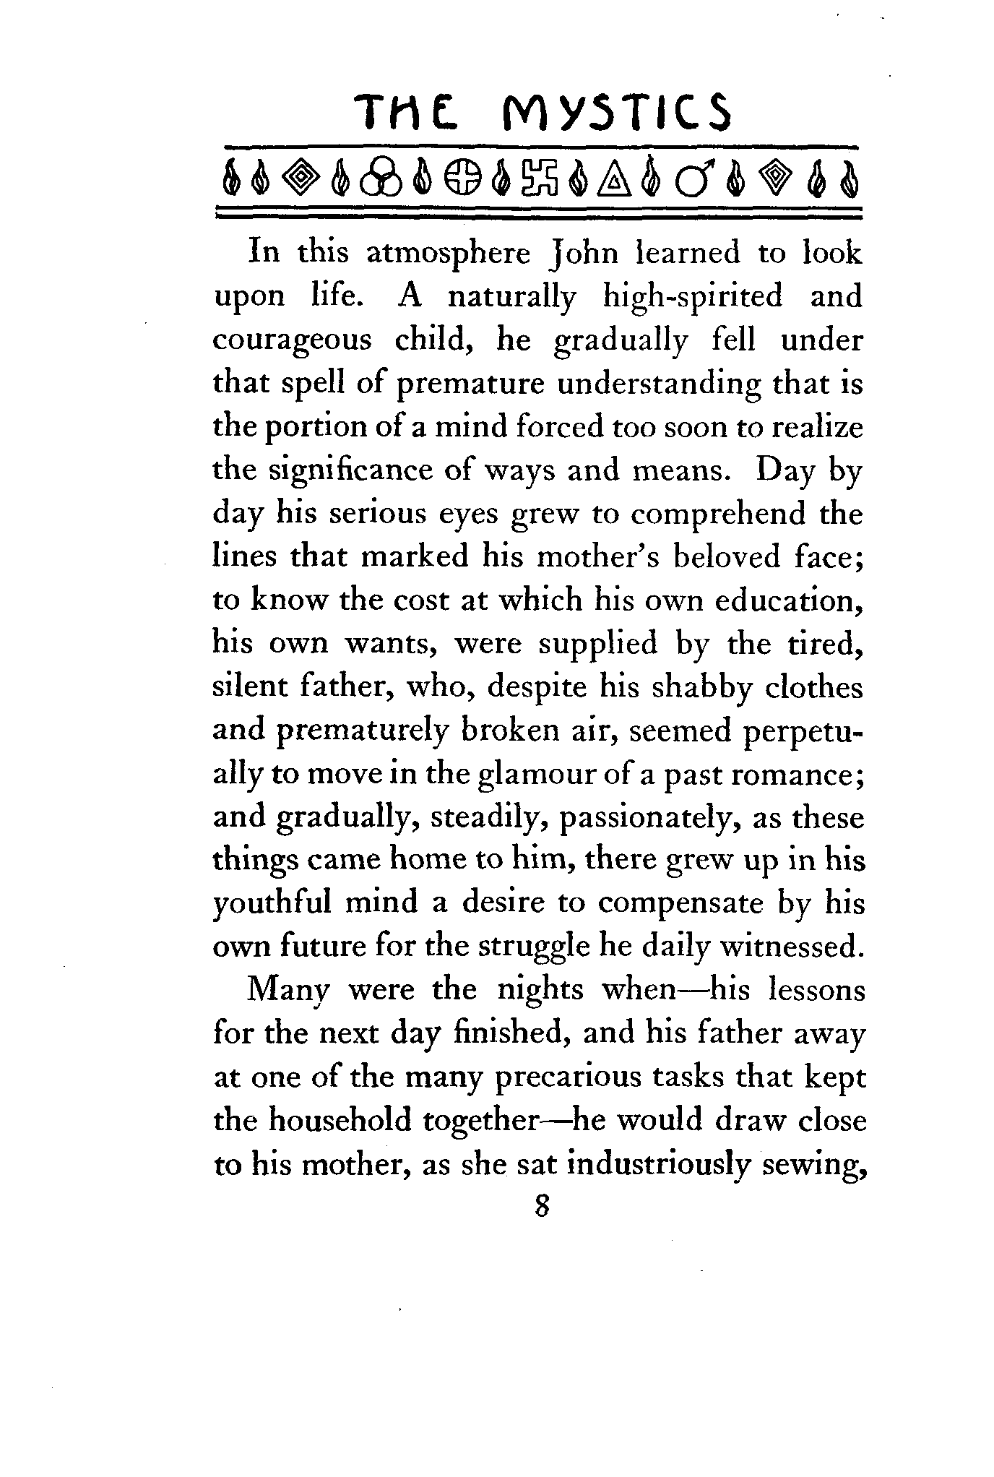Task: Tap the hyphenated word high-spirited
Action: [x=693, y=297]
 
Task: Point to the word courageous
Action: [x=292, y=340]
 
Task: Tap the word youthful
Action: [x=264, y=904]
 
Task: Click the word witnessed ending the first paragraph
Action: [x=792, y=947]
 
